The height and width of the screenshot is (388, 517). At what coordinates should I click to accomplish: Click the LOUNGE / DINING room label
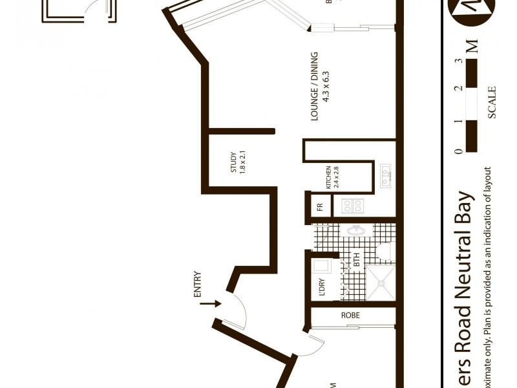(315, 86)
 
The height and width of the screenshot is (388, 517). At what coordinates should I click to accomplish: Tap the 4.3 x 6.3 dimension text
(326, 86)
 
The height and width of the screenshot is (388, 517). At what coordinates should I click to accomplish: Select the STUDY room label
(234, 162)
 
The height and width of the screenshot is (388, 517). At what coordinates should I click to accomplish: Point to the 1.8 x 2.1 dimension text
(244, 162)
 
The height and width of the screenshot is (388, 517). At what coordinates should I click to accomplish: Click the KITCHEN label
(328, 177)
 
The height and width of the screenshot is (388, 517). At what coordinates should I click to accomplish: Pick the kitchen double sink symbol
(386, 176)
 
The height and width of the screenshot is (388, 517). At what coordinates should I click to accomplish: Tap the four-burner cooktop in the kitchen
(353, 206)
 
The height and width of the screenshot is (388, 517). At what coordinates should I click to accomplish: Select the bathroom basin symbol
(354, 231)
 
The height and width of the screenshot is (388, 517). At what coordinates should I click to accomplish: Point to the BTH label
(356, 261)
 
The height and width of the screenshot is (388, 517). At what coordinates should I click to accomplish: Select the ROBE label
(351, 316)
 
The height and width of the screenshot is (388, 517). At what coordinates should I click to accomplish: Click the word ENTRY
(197, 285)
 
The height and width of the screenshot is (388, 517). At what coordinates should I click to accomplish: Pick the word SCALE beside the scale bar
(492, 102)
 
